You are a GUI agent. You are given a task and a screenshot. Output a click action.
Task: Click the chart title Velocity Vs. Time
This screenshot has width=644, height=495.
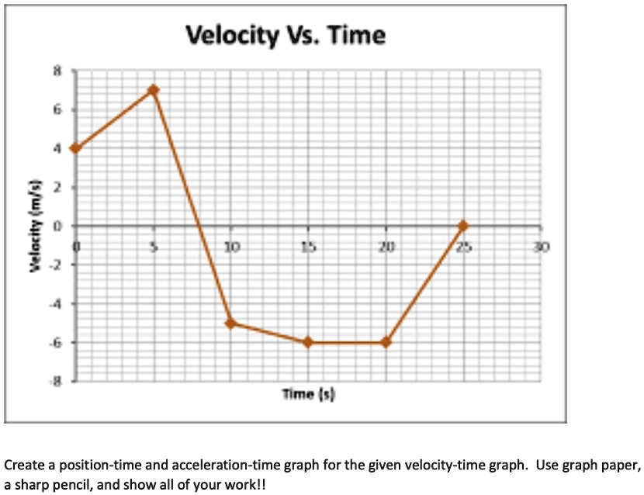tap(285, 36)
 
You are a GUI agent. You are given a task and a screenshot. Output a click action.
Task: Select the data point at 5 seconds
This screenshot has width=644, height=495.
tap(154, 90)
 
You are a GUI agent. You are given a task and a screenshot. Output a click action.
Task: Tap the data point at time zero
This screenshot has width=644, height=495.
tap(75, 148)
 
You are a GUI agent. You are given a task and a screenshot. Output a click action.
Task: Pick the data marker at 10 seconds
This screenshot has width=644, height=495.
tap(230, 323)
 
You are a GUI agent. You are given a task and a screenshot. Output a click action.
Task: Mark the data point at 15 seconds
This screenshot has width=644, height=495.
tap(308, 342)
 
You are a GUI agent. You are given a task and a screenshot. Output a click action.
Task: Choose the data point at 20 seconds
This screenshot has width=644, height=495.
tap(386, 342)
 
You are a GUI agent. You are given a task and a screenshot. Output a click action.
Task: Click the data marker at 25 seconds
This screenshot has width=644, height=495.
tap(463, 226)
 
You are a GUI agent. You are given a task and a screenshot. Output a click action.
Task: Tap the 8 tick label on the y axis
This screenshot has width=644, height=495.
tap(56, 71)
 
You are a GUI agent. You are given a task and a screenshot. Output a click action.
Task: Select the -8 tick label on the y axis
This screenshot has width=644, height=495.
tap(54, 381)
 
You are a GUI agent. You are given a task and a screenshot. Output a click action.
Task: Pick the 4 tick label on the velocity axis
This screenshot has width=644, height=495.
tap(56, 148)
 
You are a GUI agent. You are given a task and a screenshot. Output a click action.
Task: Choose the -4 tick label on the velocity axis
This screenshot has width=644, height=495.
tap(54, 303)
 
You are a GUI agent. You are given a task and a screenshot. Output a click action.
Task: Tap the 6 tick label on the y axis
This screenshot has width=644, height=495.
tap(56, 109)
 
